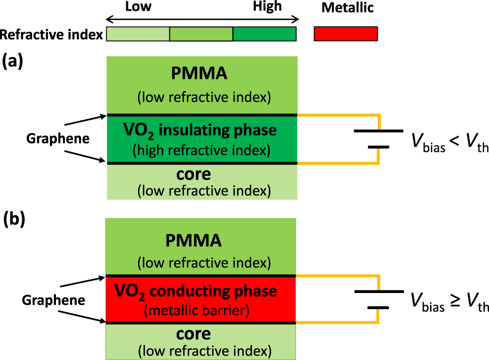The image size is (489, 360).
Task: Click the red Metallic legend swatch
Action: click(345, 33)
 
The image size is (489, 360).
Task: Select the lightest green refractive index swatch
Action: click(137, 34)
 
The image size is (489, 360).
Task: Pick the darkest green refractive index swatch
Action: click(264, 34)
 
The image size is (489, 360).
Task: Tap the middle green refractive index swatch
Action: click(201, 34)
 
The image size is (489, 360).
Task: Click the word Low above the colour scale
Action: click(138, 7)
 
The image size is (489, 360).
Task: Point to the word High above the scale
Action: click(267, 7)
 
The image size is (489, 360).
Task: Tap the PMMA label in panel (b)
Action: click(194, 240)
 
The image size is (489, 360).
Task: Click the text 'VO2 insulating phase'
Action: click(200, 131)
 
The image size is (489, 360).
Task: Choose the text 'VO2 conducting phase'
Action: click(196, 291)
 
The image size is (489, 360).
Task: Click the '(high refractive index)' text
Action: click(201, 150)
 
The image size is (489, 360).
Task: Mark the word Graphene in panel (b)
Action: click(53, 300)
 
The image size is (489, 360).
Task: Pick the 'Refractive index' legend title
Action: click(51, 34)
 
